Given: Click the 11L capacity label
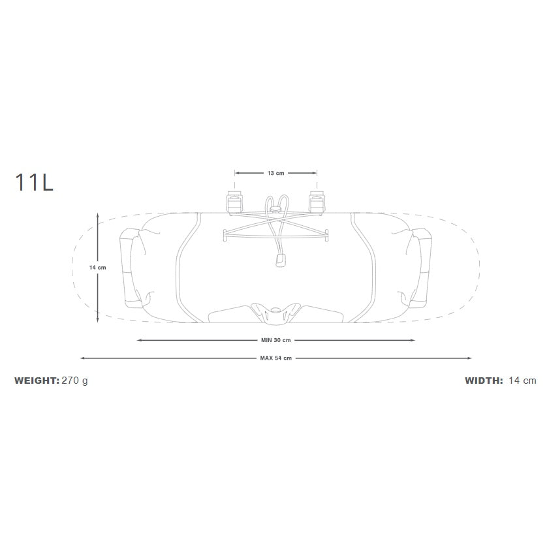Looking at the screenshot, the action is (34, 182).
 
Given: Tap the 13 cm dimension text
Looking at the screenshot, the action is (275, 173).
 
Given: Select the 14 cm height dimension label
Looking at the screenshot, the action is (97, 268).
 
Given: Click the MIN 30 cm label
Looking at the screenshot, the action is (275, 340).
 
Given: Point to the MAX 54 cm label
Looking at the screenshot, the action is (275, 358).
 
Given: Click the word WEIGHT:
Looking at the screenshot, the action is (37, 381).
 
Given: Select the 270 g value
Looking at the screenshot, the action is (74, 381).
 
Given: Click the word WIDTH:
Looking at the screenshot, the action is (484, 381).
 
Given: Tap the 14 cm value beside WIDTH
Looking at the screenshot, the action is (522, 381).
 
